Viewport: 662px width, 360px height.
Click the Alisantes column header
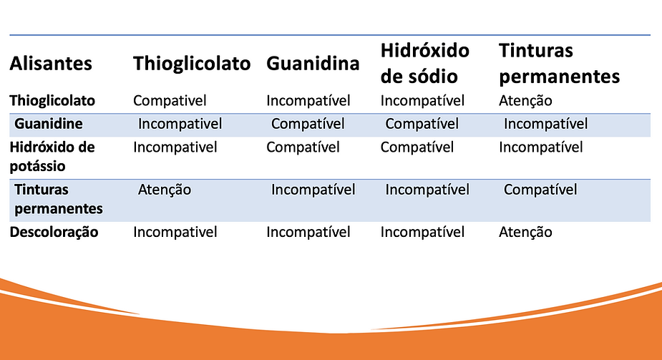coord(51,64)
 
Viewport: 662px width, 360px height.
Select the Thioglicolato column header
coord(192,64)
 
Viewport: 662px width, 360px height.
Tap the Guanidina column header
coord(313,64)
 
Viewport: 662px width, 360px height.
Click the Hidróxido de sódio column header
coord(424,63)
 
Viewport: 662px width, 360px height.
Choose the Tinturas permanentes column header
coord(559,63)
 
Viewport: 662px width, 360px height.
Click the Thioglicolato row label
coord(52,101)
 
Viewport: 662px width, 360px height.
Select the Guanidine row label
coord(49,124)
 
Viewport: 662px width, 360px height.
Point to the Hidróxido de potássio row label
coord(52,155)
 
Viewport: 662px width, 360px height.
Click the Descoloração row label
coord(54,232)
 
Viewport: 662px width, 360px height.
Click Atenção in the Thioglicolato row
coord(525,101)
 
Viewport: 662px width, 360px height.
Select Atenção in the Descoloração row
coord(525,232)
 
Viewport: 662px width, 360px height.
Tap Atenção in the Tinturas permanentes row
coord(165,190)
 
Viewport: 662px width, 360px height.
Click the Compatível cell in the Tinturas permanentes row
coord(540,190)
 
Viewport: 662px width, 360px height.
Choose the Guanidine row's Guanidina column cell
coord(308,124)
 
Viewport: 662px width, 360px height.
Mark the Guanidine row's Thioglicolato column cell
coord(180,124)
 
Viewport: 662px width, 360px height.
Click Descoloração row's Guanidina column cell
coord(308,232)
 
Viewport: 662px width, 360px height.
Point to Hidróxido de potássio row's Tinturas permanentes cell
coord(540,147)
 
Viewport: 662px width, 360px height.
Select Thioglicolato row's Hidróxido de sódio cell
coord(422,101)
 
